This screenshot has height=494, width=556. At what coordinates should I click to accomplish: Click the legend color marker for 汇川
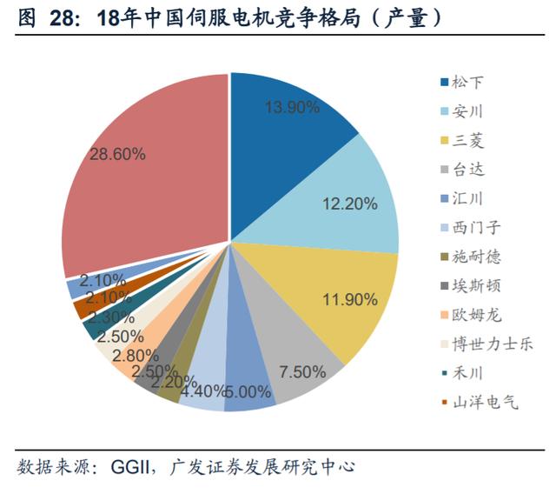445,199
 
